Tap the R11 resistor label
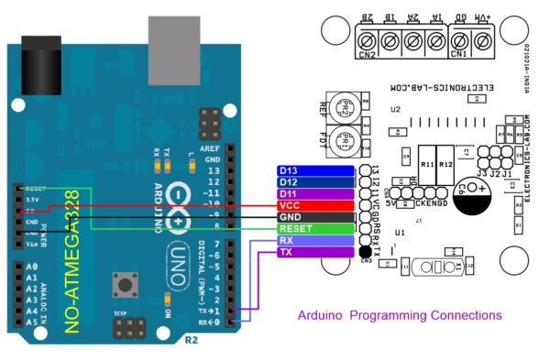pos(427,165)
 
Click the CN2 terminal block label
pos(368,54)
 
